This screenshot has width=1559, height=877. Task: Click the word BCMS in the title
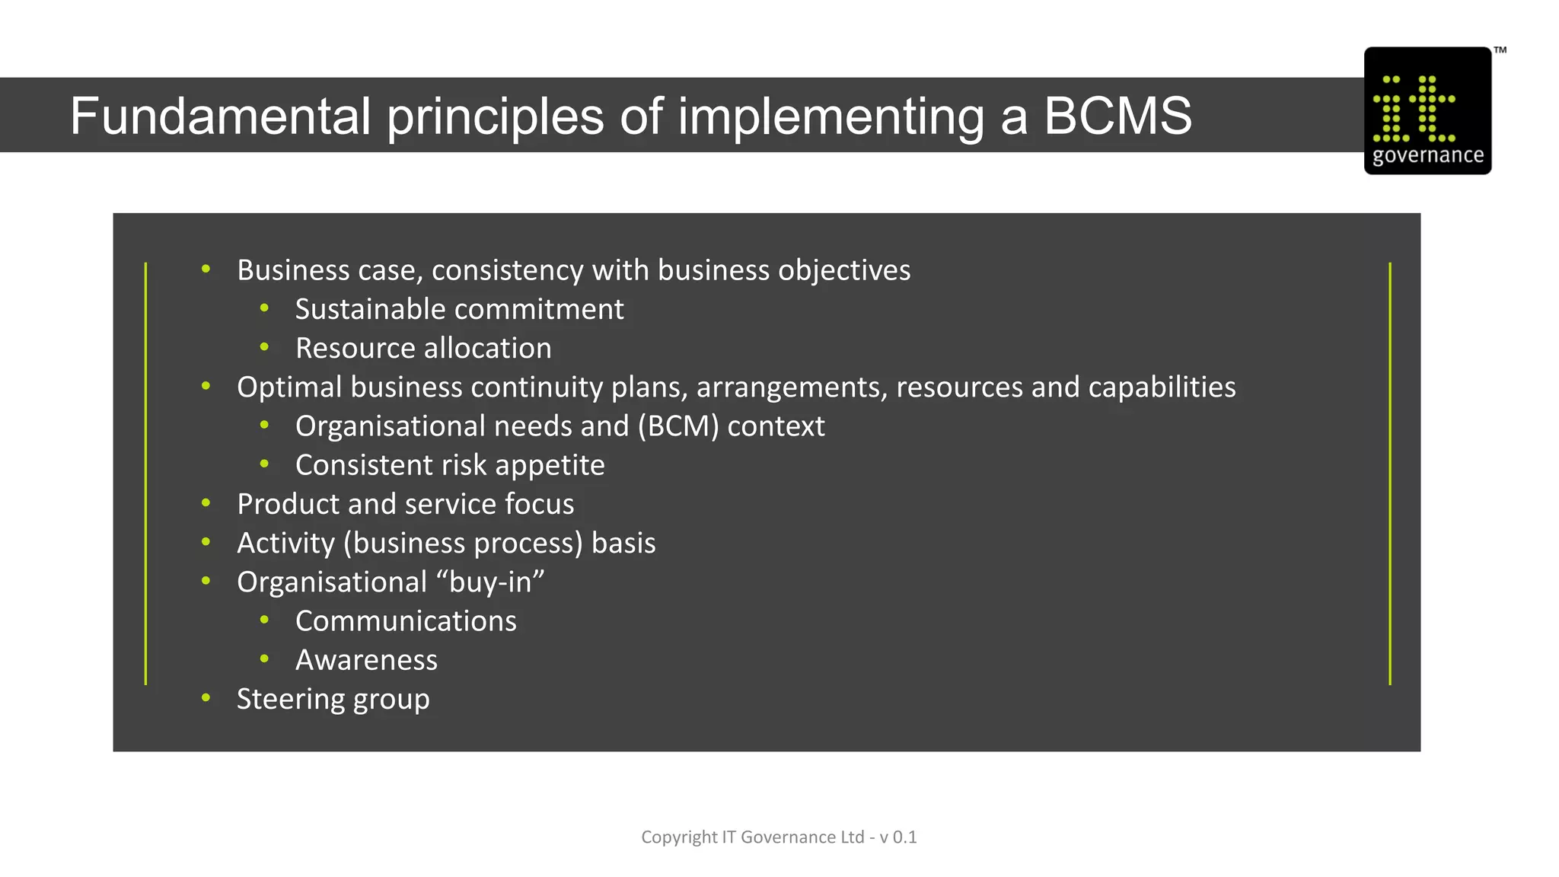(x=1117, y=116)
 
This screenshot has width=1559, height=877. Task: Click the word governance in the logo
(x=1427, y=155)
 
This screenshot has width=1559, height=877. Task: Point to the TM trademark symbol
(x=1500, y=50)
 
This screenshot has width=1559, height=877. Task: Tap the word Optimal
(x=289, y=387)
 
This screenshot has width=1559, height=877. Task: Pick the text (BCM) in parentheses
(x=678, y=426)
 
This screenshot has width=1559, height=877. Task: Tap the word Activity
(x=285, y=543)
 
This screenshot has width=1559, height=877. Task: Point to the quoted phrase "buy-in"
(x=490, y=582)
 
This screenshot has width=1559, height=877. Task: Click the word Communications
(x=406, y=621)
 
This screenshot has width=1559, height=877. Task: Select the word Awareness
(x=366, y=660)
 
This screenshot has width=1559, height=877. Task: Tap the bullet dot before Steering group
(x=206, y=697)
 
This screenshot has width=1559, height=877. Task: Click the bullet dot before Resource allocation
(x=264, y=347)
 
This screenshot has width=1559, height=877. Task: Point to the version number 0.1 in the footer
(x=904, y=837)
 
